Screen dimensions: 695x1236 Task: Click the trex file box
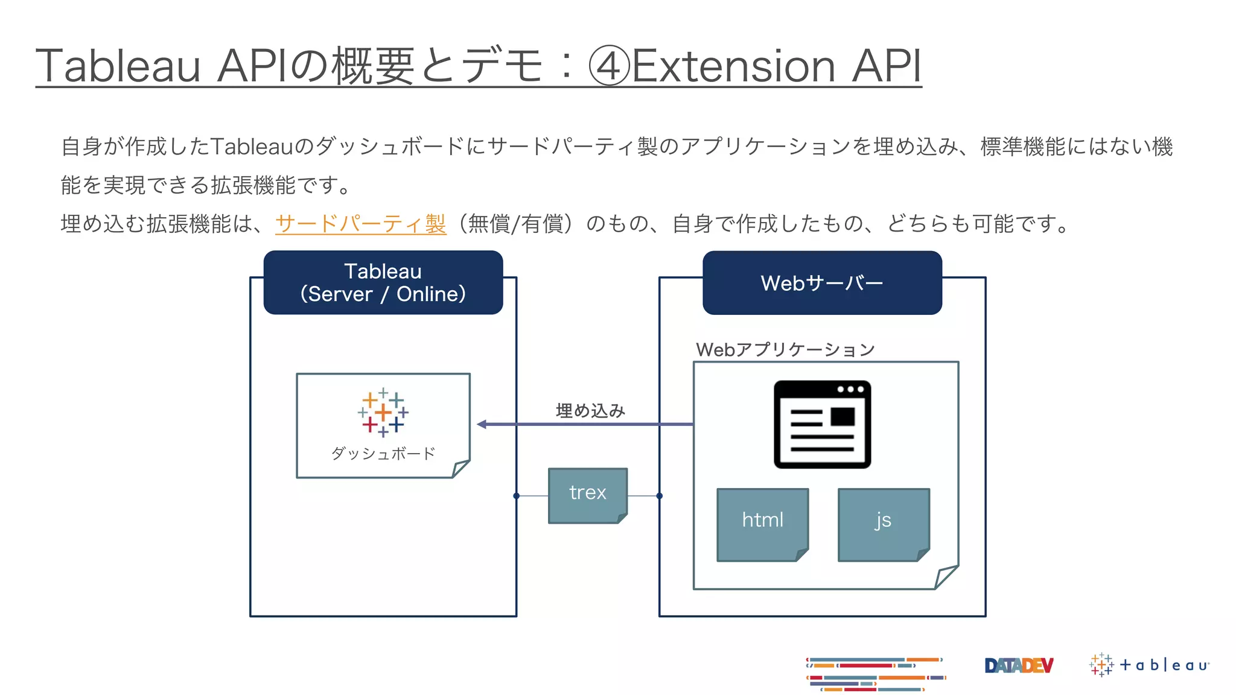click(x=587, y=495)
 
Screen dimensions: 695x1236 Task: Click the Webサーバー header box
click(x=822, y=283)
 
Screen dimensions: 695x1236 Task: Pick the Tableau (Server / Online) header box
click(x=383, y=282)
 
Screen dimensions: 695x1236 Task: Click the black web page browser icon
click(x=822, y=424)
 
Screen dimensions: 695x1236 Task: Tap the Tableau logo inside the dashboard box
click(x=383, y=413)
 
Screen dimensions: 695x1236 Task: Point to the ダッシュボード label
click(x=383, y=454)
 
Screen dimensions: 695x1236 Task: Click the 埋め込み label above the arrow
click(x=590, y=411)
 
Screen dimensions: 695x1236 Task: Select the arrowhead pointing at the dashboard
click(x=482, y=425)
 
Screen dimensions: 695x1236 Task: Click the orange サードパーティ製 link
click(x=360, y=224)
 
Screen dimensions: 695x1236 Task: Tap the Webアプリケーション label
click(x=785, y=349)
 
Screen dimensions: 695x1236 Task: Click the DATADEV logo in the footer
click(x=1019, y=665)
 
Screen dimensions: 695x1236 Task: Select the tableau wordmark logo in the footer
click(x=1150, y=665)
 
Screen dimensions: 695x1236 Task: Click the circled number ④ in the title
click(x=609, y=66)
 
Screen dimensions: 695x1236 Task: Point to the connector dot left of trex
click(x=517, y=496)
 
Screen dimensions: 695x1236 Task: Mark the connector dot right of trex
click(x=660, y=496)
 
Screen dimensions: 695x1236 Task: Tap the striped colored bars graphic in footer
click(x=875, y=674)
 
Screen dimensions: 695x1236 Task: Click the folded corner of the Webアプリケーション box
click(x=945, y=577)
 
